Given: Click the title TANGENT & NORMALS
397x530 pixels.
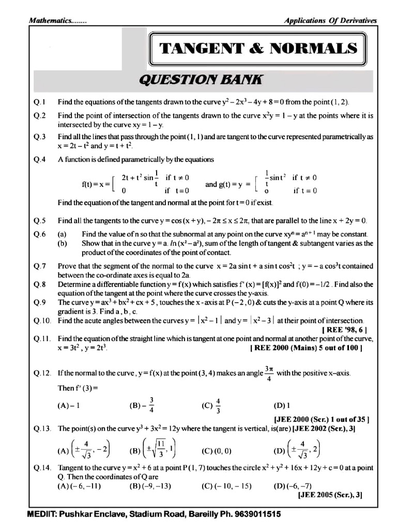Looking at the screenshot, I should [258, 49].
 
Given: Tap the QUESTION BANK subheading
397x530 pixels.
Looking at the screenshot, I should [201, 80].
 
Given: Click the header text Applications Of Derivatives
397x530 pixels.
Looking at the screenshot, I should [330, 21].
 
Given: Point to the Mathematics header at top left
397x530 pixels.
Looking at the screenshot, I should [57, 21].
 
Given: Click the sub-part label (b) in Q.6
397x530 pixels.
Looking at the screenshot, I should [62, 243].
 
